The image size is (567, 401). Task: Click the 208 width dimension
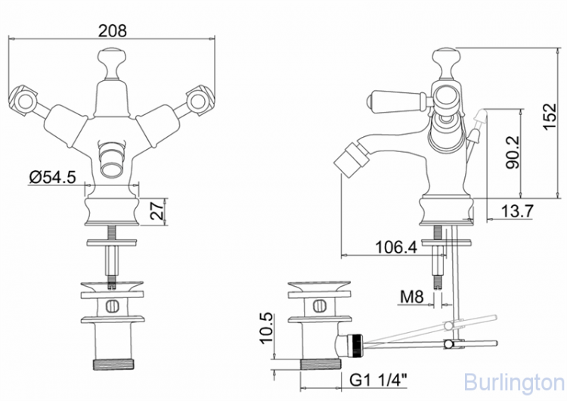pyautogui.click(x=113, y=31)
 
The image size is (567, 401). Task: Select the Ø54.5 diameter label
pyautogui.click(x=52, y=177)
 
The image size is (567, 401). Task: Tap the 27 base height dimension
pyautogui.click(x=157, y=211)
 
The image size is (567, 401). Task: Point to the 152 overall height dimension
pyautogui.click(x=549, y=117)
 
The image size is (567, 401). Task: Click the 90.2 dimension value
pyautogui.click(x=513, y=152)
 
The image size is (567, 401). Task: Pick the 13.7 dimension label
pyautogui.click(x=517, y=210)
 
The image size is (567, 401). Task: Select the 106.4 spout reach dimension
pyautogui.click(x=396, y=247)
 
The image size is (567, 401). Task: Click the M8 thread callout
pyautogui.click(x=411, y=297)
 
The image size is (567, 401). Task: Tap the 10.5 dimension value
pyautogui.click(x=266, y=328)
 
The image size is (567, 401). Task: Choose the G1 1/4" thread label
pyautogui.click(x=378, y=381)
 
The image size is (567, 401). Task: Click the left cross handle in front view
pyautogui.click(x=23, y=100)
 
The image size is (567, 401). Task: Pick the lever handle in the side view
pyautogui.click(x=397, y=99)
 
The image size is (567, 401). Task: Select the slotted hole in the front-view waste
pyautogui.click(x=112, y=306)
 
